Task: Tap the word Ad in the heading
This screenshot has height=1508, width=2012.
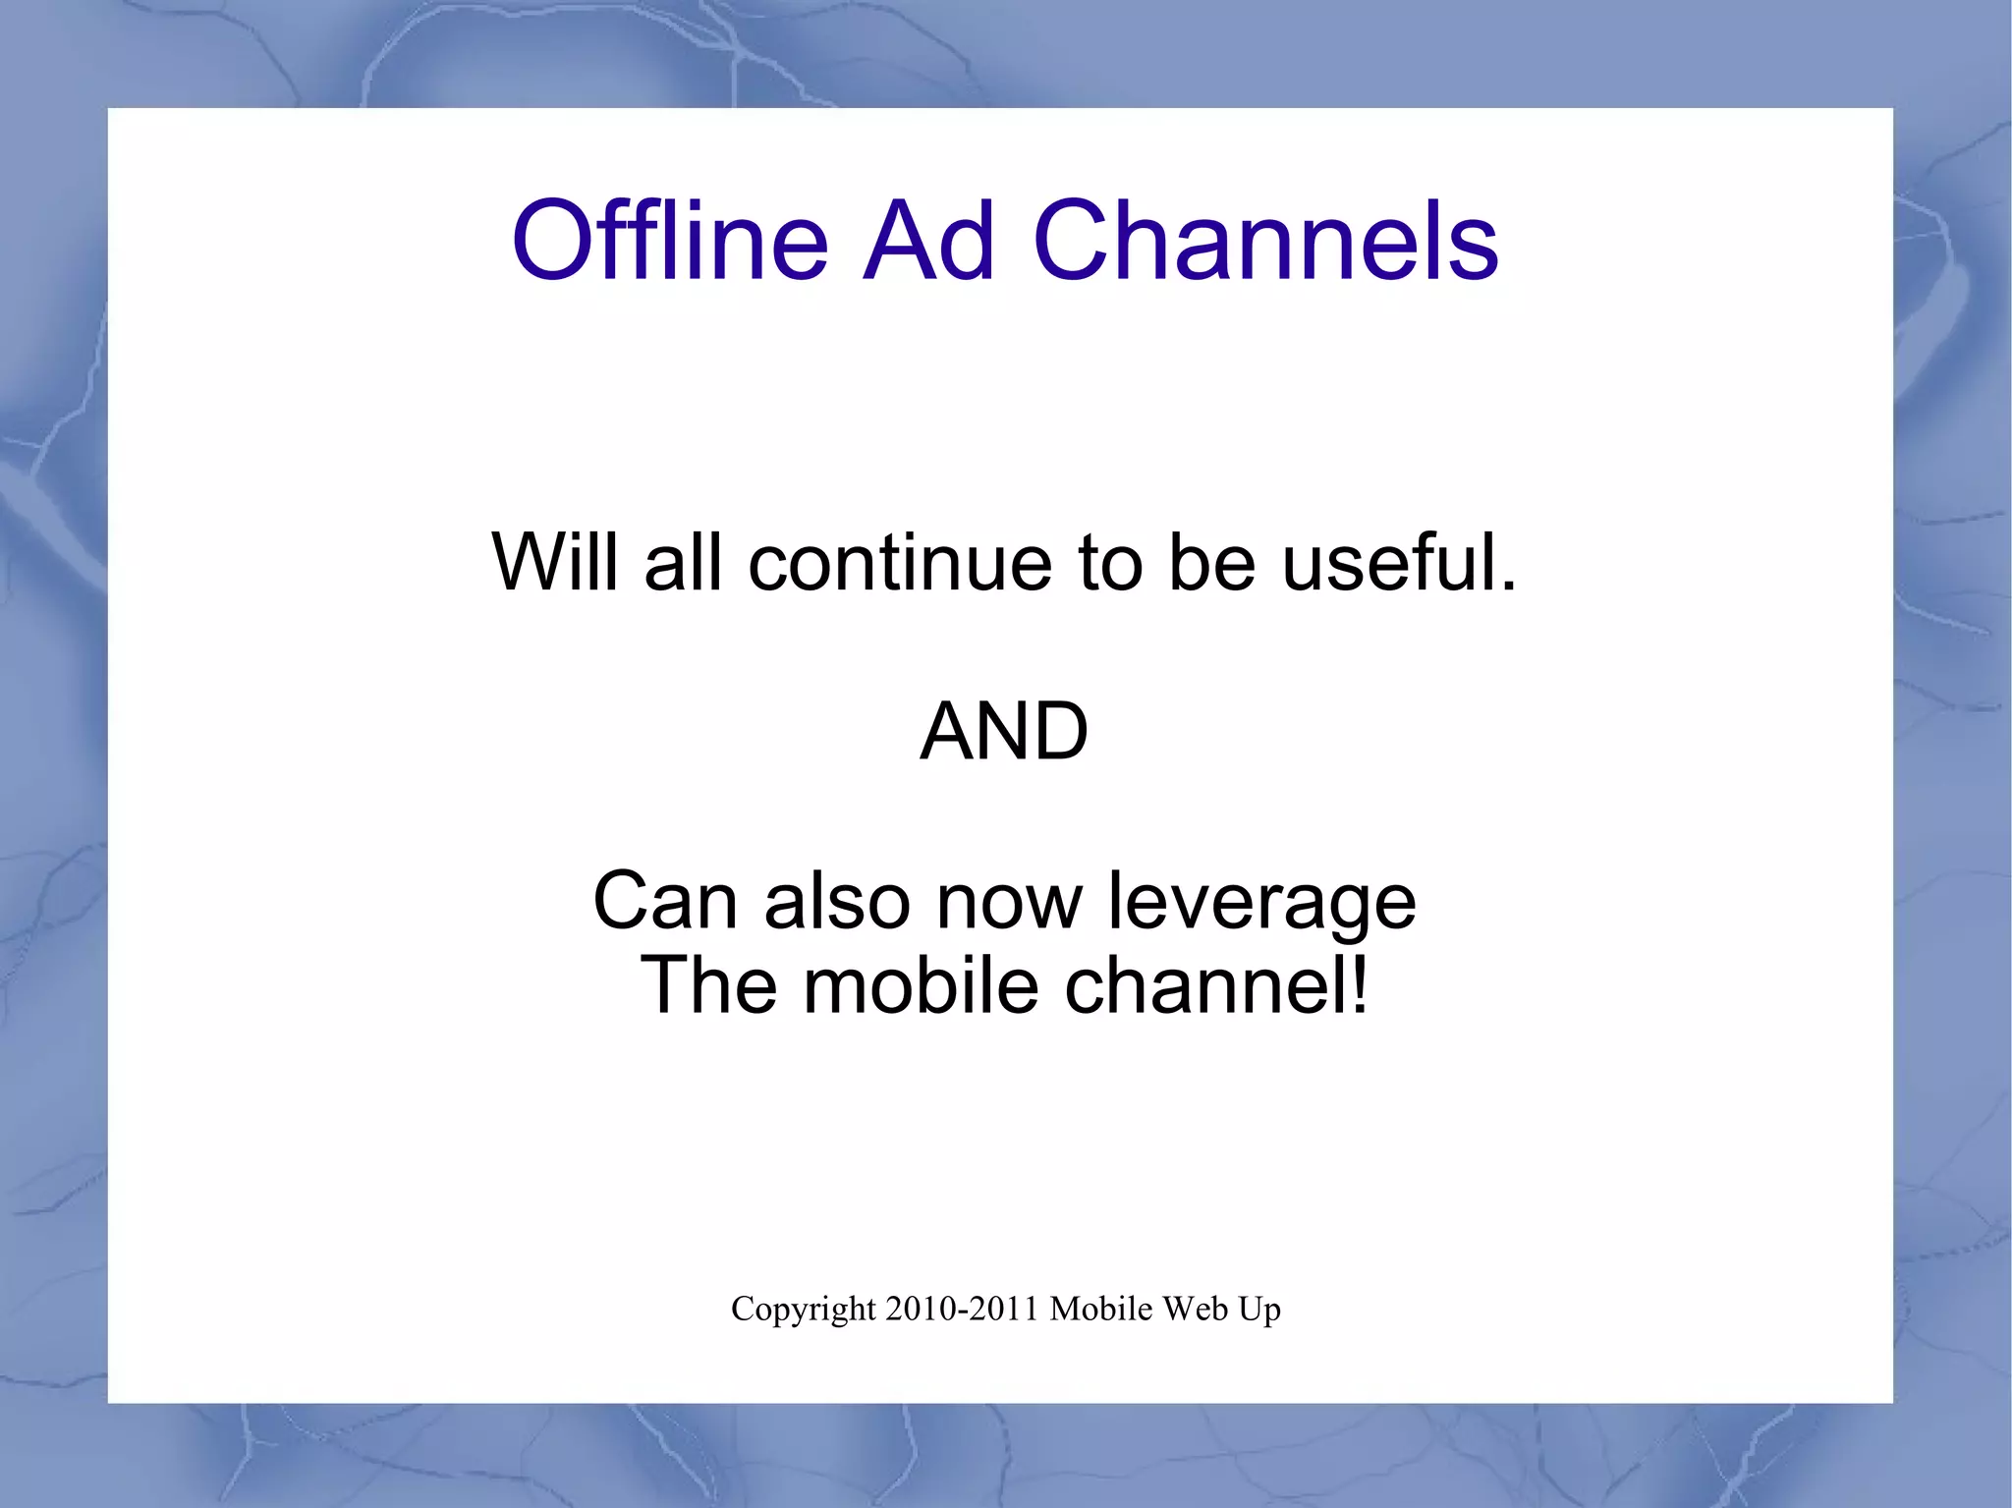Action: tap(928, 241)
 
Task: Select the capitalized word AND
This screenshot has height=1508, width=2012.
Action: tap(1004, 732)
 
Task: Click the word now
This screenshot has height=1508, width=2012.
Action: tap(1009, 901)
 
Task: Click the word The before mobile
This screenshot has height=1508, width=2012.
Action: tap(708, 985)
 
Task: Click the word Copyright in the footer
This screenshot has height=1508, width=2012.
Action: tap(803, 1310)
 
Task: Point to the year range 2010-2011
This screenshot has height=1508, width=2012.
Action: tap(962, 1309)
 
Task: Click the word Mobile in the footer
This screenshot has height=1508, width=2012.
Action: tap(1100, 1309)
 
